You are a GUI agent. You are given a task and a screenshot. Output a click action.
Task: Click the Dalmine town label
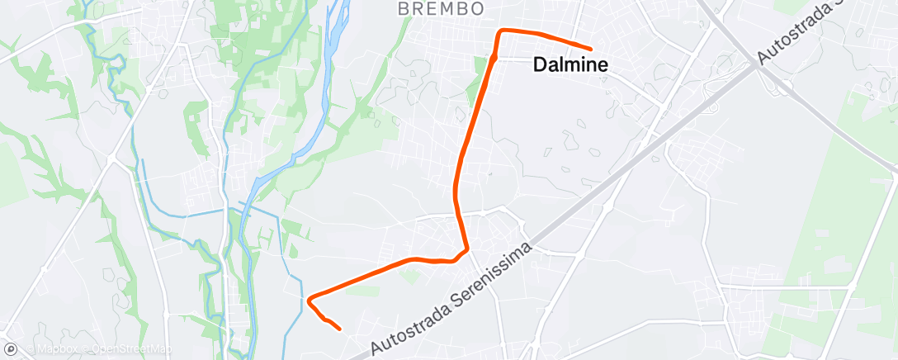tap(571, 65)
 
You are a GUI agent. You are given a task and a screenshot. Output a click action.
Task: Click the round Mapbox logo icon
tap(11, 349)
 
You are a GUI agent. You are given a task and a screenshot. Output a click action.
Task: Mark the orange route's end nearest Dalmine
tap(591, 49)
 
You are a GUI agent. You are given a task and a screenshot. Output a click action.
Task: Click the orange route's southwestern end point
tap(339, 329)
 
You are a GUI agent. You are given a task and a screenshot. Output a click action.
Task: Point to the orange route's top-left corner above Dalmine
tap(500, 31)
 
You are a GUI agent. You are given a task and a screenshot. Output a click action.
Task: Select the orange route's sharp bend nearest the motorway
tap(467, 248)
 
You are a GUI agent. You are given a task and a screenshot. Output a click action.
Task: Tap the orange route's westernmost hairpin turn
tap(310, 300)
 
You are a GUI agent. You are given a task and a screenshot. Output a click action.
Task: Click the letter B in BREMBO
tap(404, 9)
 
